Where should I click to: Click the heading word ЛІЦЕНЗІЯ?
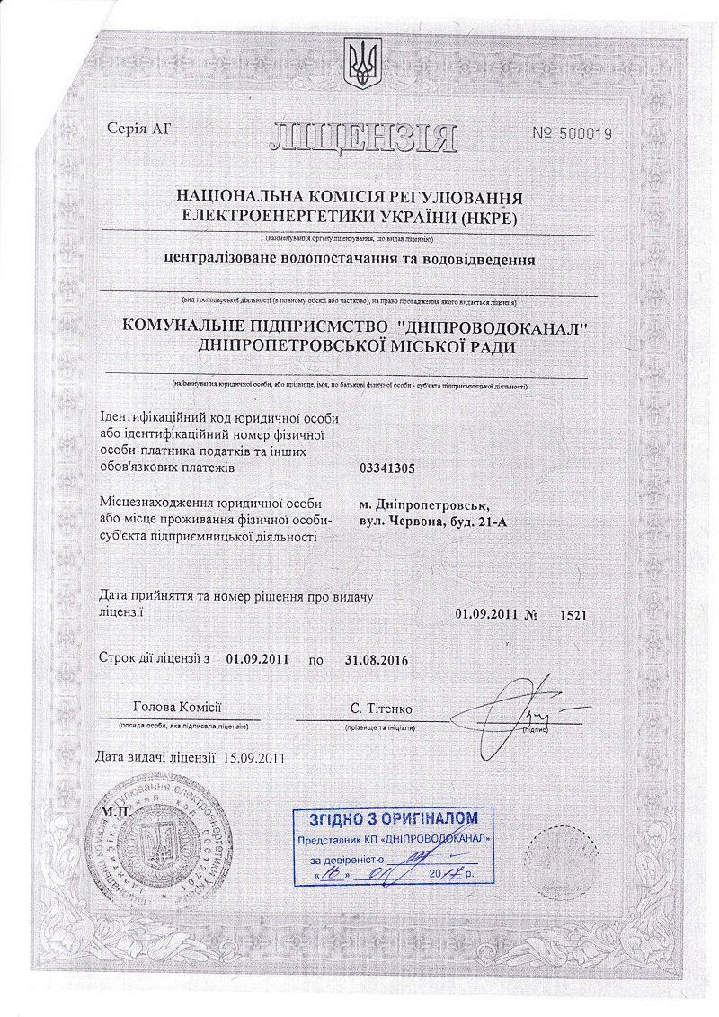click(362, 138)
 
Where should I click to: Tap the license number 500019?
click(583, 134)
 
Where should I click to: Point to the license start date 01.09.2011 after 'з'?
click(257, 660)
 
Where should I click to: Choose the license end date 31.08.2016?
click(376, 660)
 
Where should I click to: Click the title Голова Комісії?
click(176, 709)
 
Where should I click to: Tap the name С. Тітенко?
click(383, 709)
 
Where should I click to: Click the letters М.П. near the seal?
click(116, 810)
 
